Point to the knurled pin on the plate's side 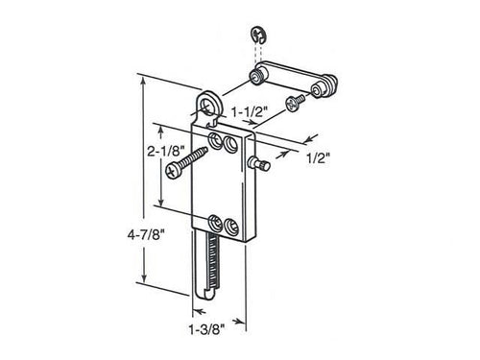[261, 165]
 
